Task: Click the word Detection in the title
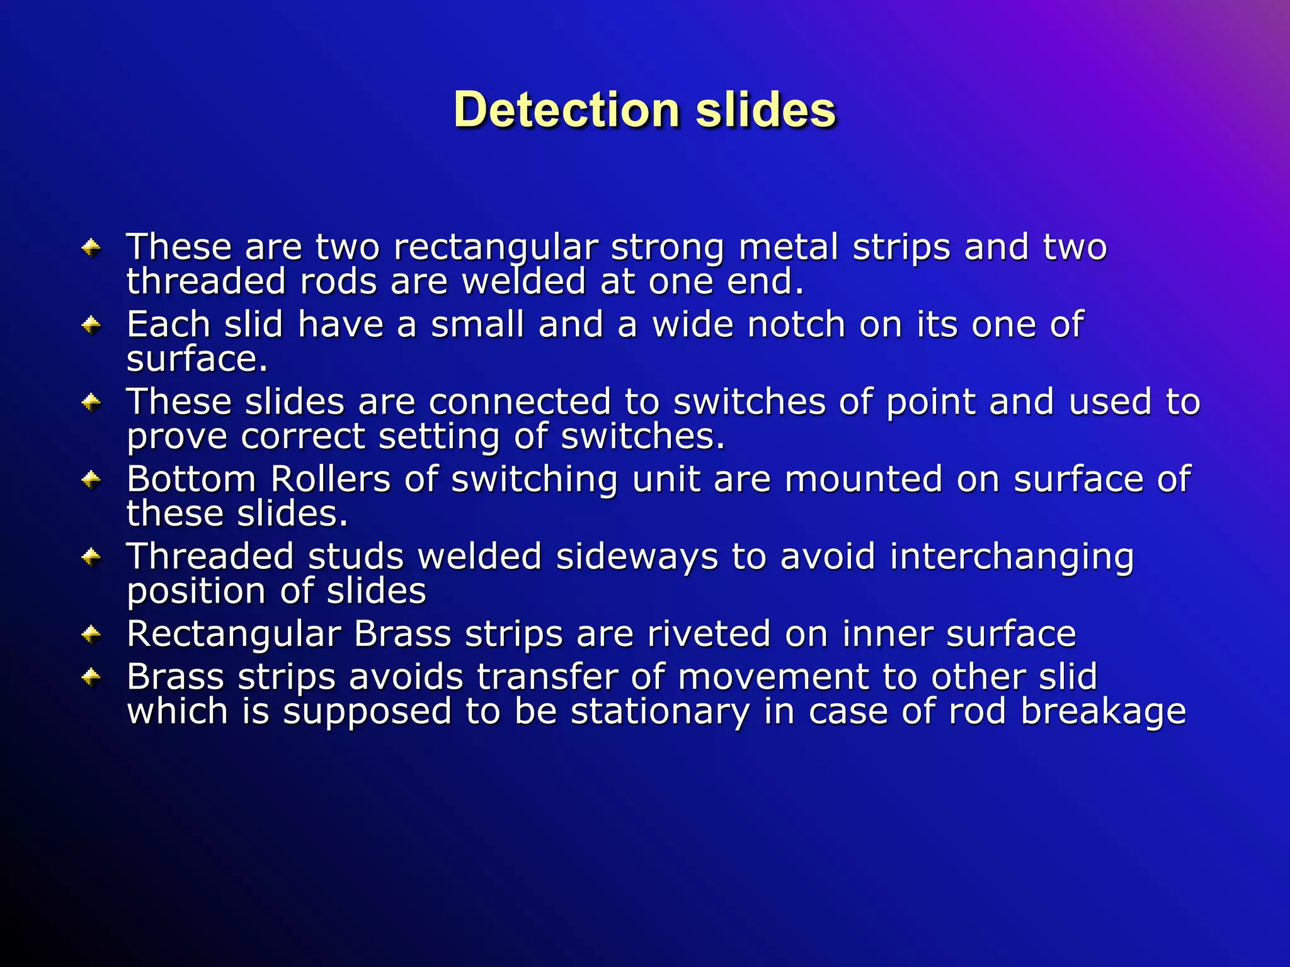[566, 110]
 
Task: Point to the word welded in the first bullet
[524, 281]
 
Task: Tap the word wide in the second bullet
[692, 324]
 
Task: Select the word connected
[520, 402]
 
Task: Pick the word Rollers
[330, 479]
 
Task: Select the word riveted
[709, 633]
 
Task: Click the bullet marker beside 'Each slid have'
[92, 325]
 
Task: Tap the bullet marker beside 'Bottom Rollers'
[92, 480]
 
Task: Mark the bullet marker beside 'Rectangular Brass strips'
[92, 634]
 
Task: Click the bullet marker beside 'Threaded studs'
[92, 557]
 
